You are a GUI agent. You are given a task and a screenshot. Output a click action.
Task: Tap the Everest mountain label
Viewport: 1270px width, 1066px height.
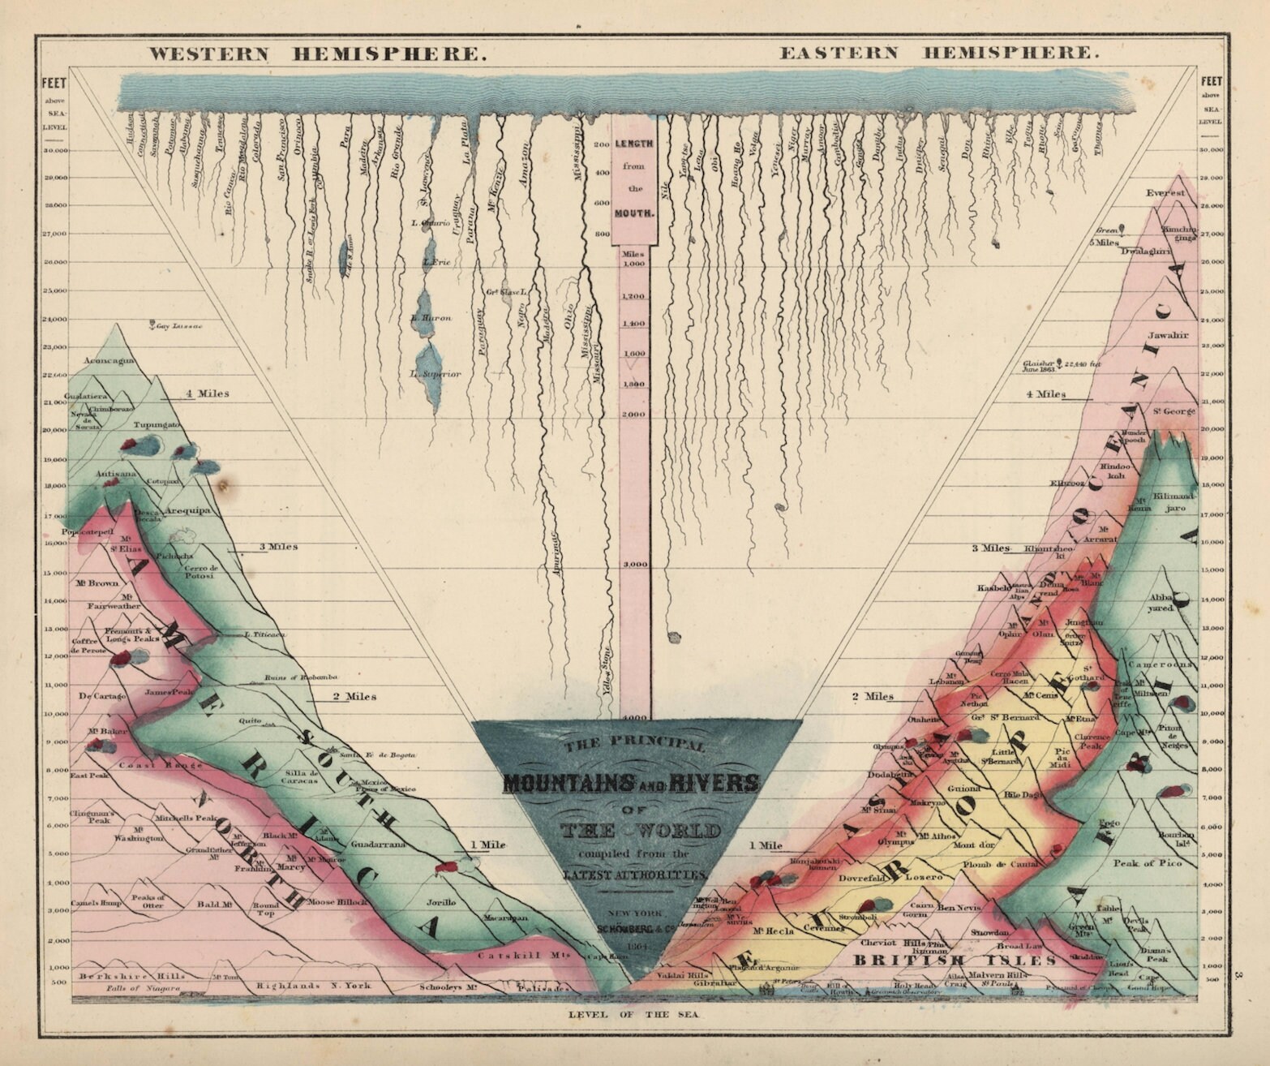click(1165, 193)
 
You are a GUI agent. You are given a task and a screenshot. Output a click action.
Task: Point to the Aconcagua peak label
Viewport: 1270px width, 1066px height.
click(110, 361)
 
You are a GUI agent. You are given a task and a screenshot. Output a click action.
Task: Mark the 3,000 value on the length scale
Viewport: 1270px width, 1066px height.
click(634, 564)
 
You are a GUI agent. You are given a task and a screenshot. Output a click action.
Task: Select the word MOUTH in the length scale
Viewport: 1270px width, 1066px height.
click(634, 216)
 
